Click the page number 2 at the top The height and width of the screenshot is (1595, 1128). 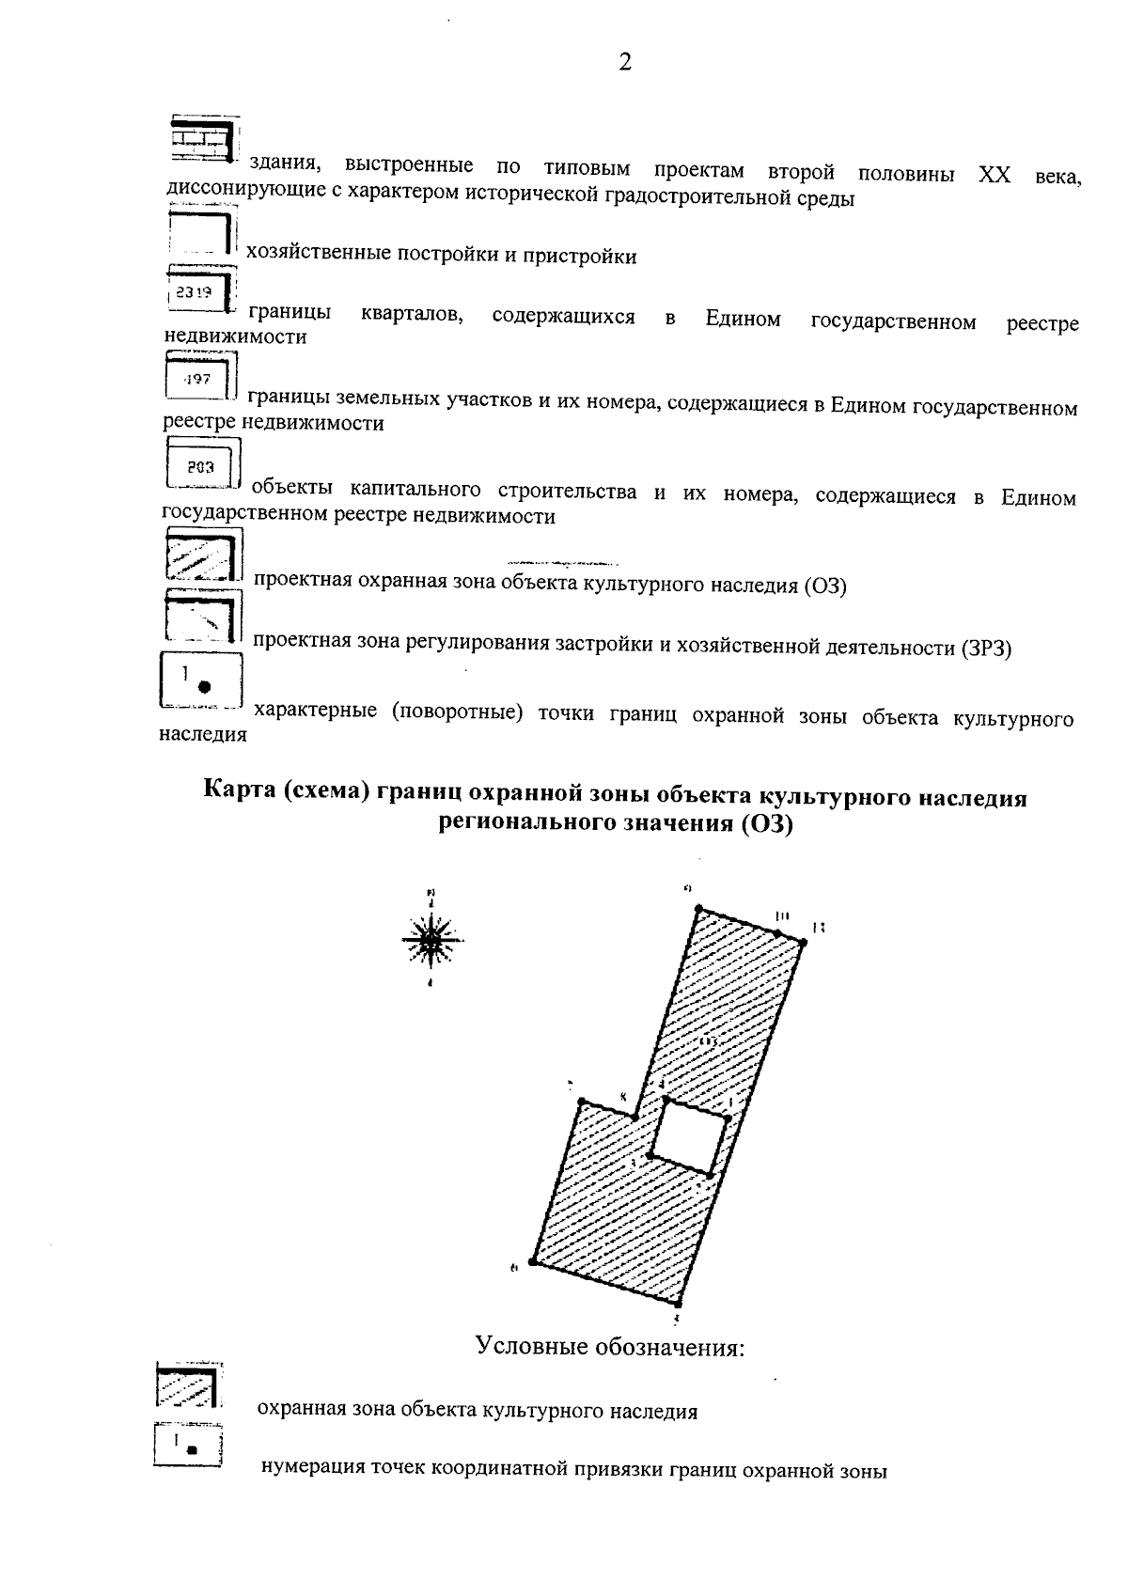click(x=624, y=63)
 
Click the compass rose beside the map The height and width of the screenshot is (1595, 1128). click(x=431, y=939)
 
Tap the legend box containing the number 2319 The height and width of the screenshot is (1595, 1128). click(x=199, y=290)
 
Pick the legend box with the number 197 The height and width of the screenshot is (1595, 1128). click(x=199, y=378)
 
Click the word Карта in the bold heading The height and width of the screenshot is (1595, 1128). click(x=240, y=798)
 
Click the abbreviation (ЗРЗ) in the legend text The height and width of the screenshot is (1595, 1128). click(x=984, y=649)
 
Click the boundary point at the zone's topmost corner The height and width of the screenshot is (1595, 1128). click(x=697, y=908)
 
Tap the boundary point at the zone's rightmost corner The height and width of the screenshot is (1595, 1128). click(x=804, y=941)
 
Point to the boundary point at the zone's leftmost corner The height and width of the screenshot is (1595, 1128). click(x=532, y=1262)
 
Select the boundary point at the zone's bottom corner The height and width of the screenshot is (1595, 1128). click(x=678, y=1303)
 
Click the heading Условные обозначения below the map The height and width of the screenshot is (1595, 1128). click(x=610, y=1347)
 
